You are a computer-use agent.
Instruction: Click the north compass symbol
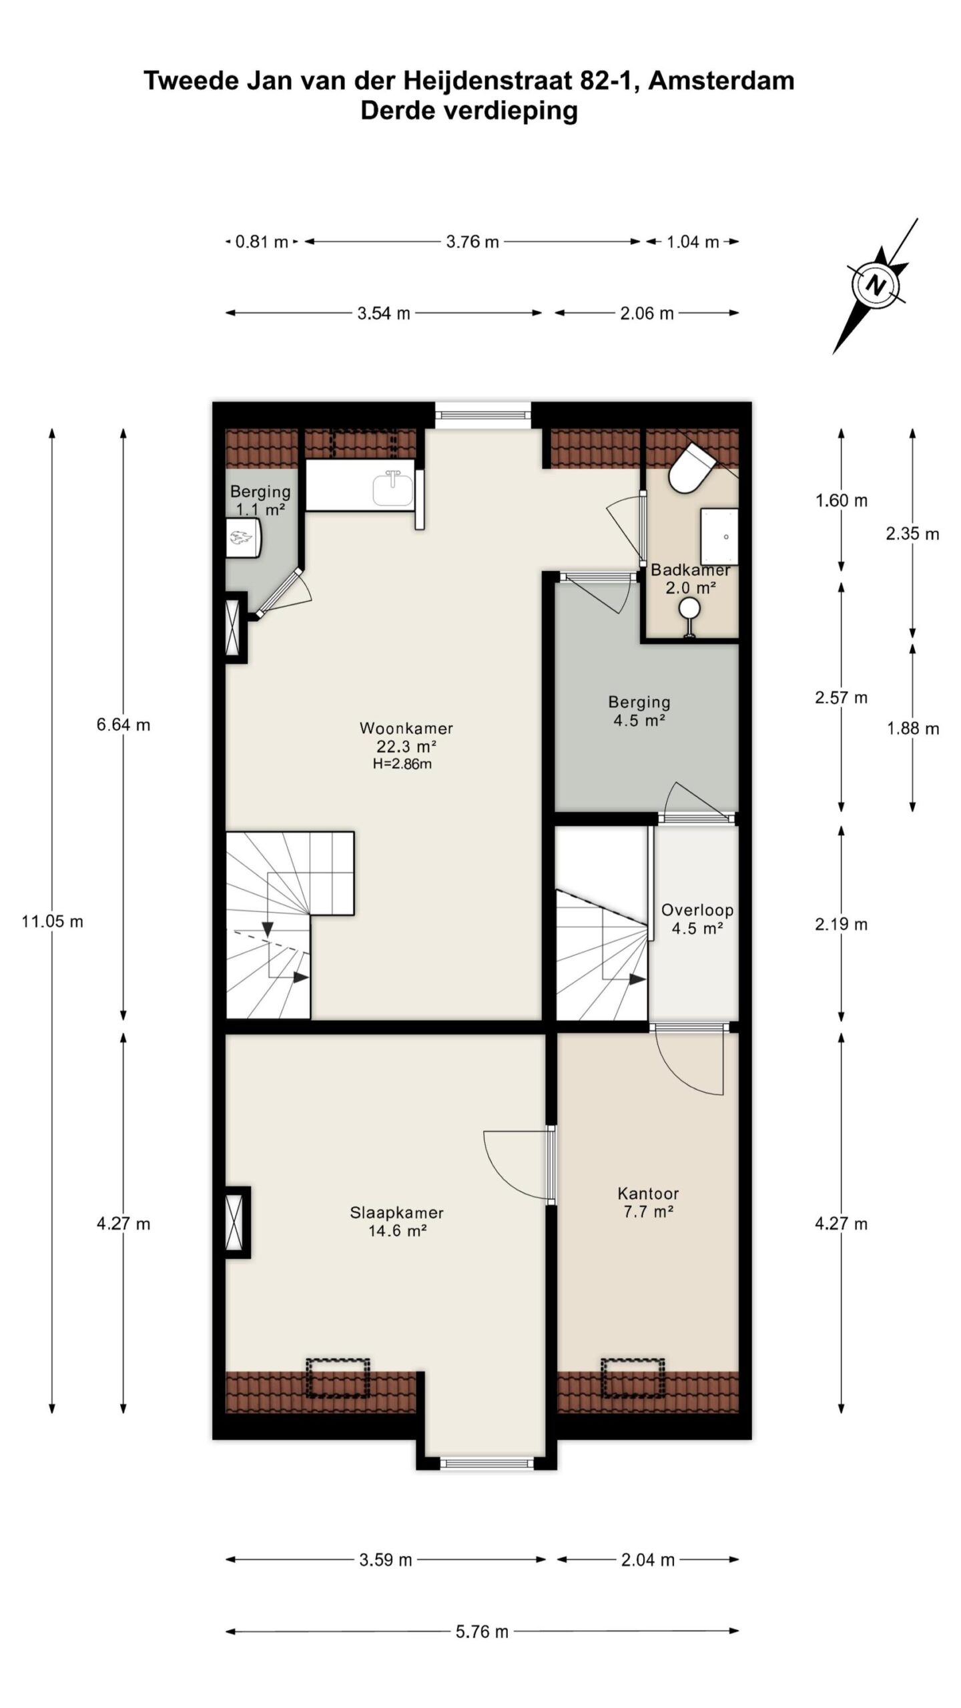874,286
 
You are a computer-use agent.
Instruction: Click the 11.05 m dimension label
52,921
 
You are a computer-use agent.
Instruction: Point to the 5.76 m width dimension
482,1631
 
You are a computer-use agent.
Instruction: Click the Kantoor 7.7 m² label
647,1202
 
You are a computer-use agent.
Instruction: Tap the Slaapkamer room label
396,1212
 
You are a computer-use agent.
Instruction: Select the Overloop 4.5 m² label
697,919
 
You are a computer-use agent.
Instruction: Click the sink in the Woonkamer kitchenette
392,489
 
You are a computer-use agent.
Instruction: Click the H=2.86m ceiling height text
402,765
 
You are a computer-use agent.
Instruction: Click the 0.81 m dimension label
261,242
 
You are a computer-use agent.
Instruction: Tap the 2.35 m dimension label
912,534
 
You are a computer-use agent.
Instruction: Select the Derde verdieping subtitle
468,110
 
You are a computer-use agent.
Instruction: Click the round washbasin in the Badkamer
689,607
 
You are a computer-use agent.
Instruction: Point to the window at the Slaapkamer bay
487,1464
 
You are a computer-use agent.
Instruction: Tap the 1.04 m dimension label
692,242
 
